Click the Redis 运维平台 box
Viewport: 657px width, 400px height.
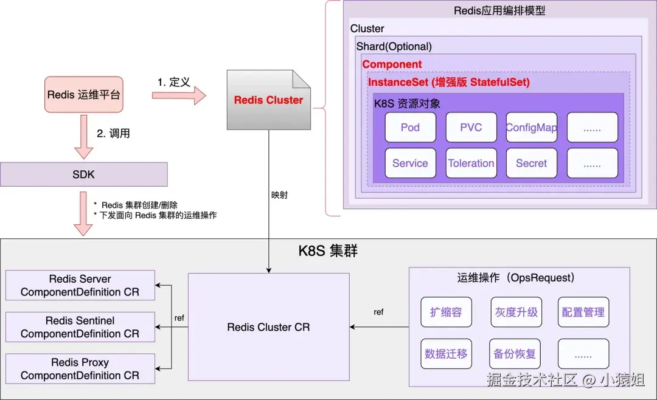click(84, 95)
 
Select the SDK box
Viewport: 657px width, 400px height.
click(83, 174)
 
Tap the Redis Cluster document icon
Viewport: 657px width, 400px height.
click(268, 100)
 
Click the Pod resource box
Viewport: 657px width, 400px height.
click(410, 128)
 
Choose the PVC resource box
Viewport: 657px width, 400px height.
click(471, 128)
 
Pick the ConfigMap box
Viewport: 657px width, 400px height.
click(531, 128)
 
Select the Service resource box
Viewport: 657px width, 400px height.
click(410, 163)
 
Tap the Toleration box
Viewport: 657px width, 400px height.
click(471, 163)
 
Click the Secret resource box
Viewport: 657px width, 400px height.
click(531, 163)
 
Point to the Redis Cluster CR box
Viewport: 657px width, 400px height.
click(268, 327)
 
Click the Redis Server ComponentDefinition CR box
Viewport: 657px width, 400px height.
click(80, 285)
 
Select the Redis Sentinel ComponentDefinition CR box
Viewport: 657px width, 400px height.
click(80, 327)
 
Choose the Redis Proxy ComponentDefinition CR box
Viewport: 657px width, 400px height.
click(80, 368)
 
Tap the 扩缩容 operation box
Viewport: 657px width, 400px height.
click(446, 312)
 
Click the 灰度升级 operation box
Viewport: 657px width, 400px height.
click(516, 312)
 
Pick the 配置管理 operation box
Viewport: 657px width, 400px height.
click(583, 312)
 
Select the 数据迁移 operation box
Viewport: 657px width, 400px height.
click(446, 354)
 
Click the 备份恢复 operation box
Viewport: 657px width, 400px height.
click(516, 354)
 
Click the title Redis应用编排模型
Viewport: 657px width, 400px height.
click(499, 11)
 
